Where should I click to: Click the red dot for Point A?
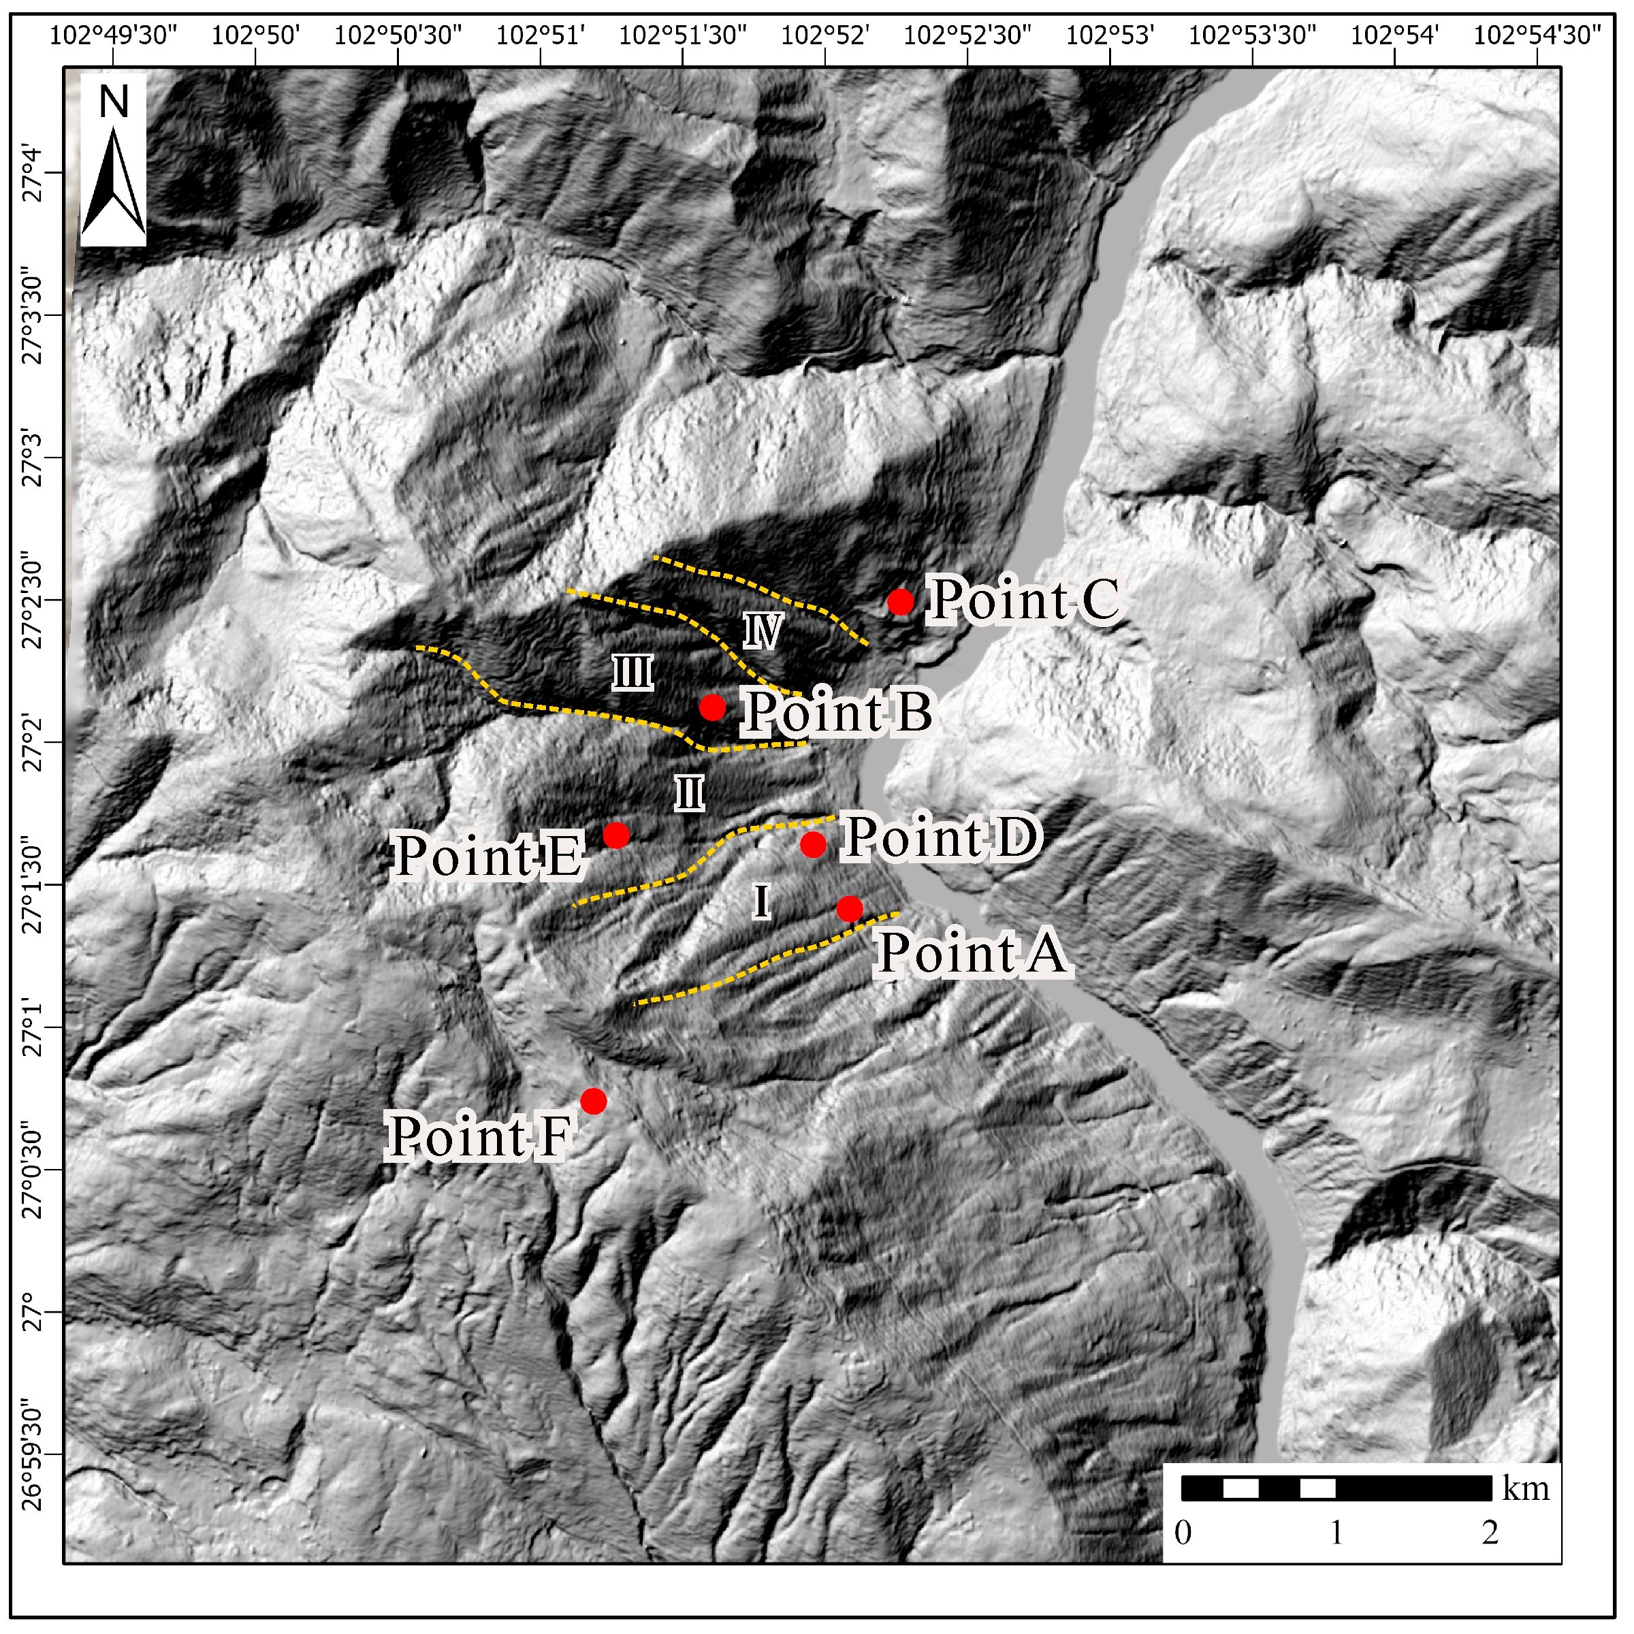(x=850, y=909)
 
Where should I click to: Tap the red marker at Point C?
(x=901, y=602)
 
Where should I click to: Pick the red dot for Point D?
(x=814, y=844)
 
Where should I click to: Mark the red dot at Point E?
(x=617, y=835)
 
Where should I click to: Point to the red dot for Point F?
(x=594, y=1101)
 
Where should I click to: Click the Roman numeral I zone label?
(x=761, y=901)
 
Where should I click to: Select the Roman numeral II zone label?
(x=689, y=794)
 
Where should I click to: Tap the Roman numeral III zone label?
(x=632, y=674)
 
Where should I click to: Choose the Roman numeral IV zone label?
(x=763, y=631)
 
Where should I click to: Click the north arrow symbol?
(x=113, y=182)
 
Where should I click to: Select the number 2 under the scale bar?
(x=1490, y=1533)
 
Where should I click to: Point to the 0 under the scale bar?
(x=1183, y=1533)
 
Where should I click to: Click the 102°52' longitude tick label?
(x=824, y=35)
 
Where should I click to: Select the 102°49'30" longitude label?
(x=113, y=35)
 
